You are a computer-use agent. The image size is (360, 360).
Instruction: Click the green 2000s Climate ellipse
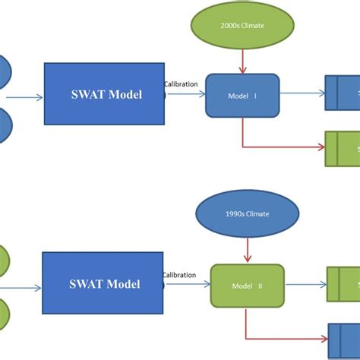coord(242,24)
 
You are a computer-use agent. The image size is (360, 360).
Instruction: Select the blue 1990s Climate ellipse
coord(248,214)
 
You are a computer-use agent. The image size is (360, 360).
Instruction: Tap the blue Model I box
coord(242,96)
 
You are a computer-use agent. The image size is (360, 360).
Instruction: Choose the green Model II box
coord(247,286)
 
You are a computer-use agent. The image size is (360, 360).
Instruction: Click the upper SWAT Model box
coord(104,94)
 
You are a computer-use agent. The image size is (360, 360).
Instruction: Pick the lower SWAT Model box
coord(102,284)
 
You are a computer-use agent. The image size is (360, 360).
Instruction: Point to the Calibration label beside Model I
coord(181,84)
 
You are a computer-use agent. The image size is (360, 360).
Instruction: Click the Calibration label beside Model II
coord(179,275)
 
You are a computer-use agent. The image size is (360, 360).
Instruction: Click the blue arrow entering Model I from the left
coord(185,95)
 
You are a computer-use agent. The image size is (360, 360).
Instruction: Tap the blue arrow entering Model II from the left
coord(188,286)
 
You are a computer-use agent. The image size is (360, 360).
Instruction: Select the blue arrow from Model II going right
coord(306,286)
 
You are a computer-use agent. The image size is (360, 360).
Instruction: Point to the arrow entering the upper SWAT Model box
coord(24,96)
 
